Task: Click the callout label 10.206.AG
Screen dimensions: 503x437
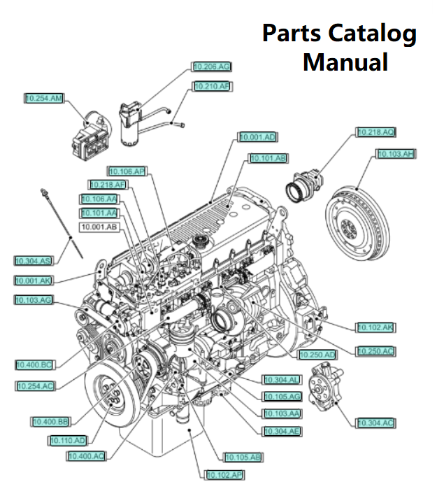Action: point(212,67)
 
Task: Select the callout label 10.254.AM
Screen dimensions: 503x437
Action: point(43,99)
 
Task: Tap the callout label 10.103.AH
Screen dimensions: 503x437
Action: point(396,154)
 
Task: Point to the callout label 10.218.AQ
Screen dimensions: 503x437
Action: point(376,132)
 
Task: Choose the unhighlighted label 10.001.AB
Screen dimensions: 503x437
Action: point(99,227)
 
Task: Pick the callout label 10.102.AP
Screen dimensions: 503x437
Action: point(224,475)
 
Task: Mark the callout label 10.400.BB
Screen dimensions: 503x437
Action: point(50,422)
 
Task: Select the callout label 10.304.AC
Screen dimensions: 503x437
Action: point(376,423)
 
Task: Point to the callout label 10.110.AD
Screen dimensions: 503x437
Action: point(68,441)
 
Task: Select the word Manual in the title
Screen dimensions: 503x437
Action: point(345,62)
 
